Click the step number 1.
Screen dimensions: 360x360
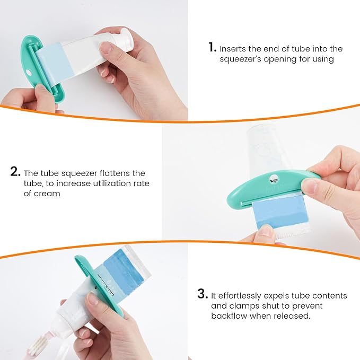click(x=212, y=48)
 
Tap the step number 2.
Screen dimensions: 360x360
click(x=15, y=172)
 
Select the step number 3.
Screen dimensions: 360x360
click(x=201, y=294)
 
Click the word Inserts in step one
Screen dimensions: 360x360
click(x=233, y=49)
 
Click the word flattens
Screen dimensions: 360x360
click(x=112, y=173)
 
